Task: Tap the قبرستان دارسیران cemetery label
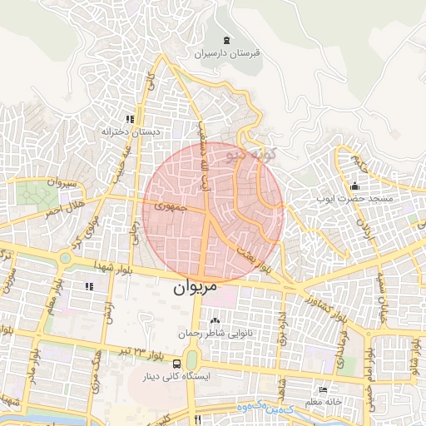click(227, 53)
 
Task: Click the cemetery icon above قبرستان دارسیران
click(227, 40)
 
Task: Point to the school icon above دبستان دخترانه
click(129, 119)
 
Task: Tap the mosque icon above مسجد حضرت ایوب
click(356, 186)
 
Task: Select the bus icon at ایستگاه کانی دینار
click(176, 364)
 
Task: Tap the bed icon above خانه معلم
click(323, 389)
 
